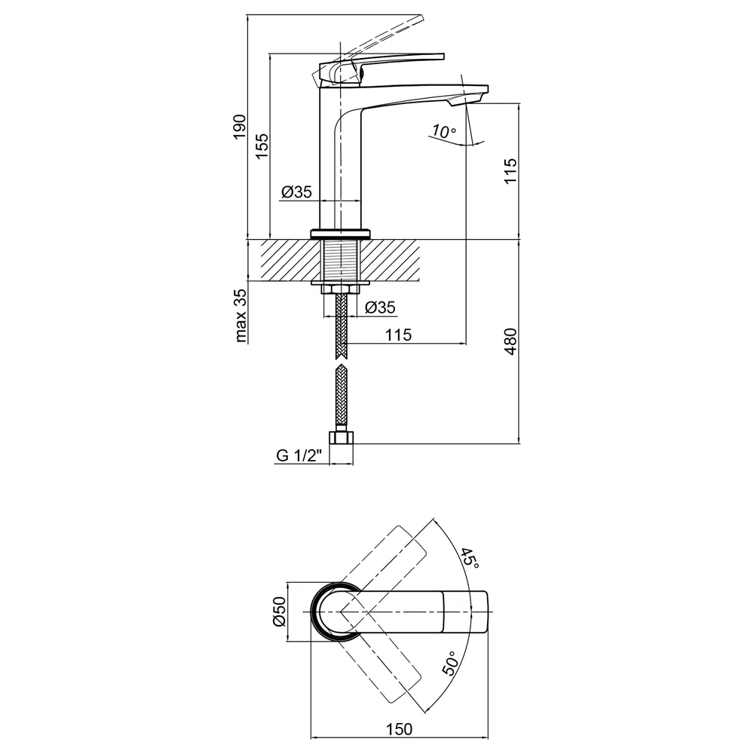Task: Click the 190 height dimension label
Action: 240,127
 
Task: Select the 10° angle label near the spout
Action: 443,130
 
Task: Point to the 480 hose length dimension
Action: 510,342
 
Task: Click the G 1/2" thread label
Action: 299,455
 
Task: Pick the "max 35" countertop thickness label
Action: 241,315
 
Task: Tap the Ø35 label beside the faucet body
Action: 296,192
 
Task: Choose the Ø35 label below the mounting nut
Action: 380,307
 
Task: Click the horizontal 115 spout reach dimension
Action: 398,335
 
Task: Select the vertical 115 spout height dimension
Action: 510,170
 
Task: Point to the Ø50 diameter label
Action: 280,611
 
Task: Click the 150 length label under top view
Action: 399,729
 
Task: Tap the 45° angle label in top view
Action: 470,558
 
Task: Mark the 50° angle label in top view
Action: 449,664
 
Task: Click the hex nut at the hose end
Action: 341,437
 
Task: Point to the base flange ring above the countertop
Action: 341,234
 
